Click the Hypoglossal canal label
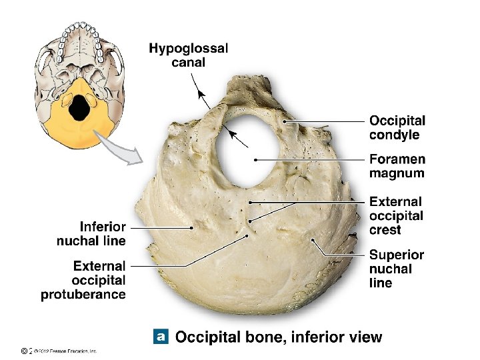point(188,55)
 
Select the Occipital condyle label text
point(397,127)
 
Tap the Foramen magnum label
point(397,166)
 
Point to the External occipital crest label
point(396,215)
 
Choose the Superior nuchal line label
point(396,269)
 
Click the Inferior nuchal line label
point(91,233)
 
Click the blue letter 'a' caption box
point(160,336)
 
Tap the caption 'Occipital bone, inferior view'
point(278,337)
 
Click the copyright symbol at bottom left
point(25,350)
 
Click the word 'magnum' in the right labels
point(397,173)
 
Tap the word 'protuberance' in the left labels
point(84,294)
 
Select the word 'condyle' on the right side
point(395,135)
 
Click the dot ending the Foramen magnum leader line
point(256,160)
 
